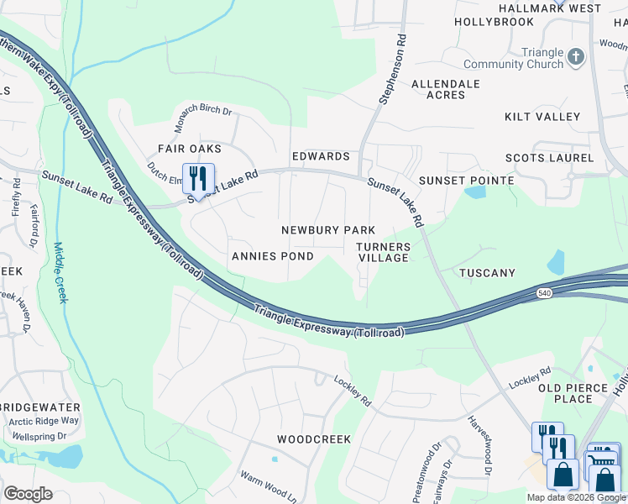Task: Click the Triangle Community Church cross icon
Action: (575, 57)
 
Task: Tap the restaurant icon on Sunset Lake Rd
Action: (198, 178)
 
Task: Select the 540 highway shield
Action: (545, 292)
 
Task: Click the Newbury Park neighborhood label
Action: (327, 230)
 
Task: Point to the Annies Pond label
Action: (273, 256)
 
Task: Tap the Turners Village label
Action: (383, 252)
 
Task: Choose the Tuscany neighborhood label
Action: (487, 273)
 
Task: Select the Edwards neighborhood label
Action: (320, 157)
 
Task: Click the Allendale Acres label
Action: (445, 89)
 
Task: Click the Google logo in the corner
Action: (28, 494)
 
